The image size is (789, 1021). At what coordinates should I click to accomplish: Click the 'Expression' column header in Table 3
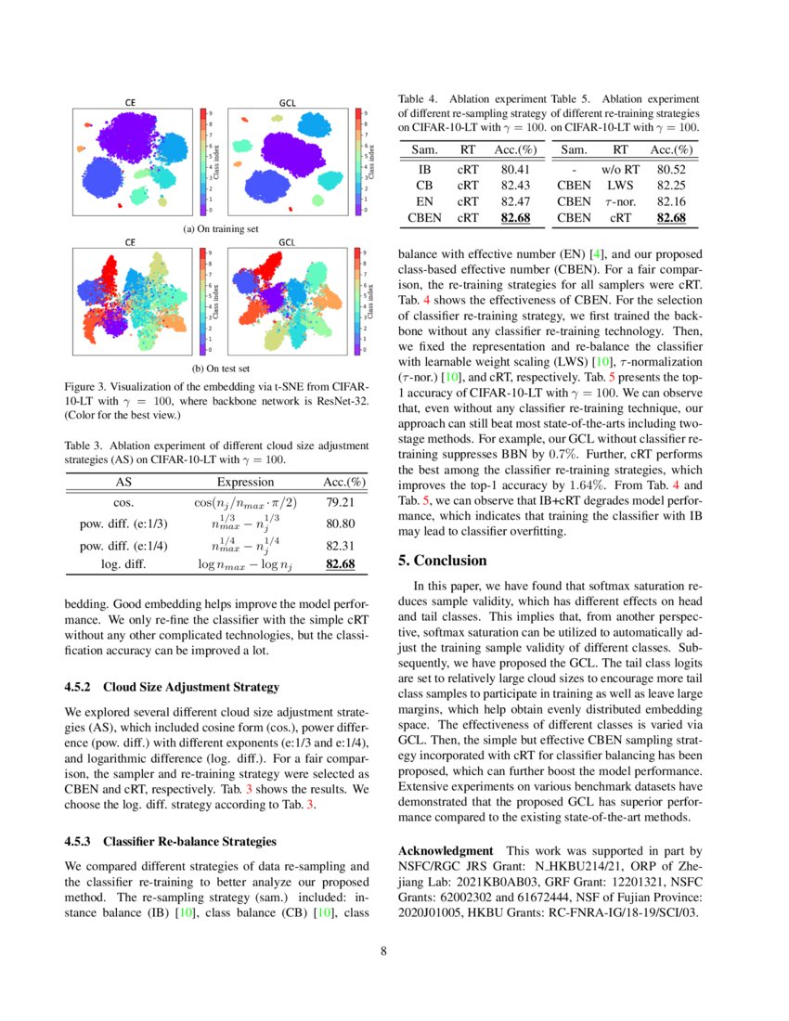click(x=245, y=482)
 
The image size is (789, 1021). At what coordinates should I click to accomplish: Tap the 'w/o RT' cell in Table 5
click(x=621, y=170)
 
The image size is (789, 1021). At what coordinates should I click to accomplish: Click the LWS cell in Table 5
click(x=621, y=186)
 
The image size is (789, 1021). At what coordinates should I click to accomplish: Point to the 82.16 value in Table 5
click(x=671, y=201)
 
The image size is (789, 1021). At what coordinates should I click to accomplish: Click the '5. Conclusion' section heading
click(x=442, y=561)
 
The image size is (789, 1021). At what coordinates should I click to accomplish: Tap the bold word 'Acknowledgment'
click(x=445, y=850)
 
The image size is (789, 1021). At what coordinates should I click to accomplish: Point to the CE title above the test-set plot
click(x=131, y=241)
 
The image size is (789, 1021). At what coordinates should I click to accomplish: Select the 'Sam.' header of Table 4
click(x=424, y=149)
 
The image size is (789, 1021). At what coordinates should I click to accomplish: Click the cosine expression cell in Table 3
click(x=245, y=502)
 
